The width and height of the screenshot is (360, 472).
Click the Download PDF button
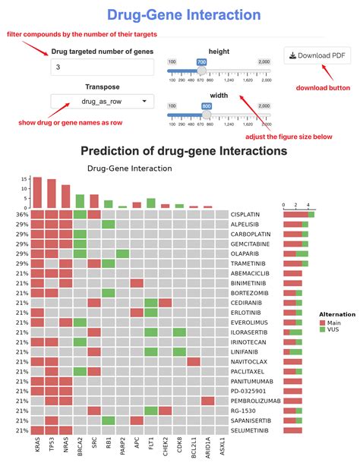318,55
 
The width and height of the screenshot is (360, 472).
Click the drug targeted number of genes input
102,68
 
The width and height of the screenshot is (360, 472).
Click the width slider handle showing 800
206,115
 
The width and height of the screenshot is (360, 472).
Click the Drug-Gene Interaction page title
179,14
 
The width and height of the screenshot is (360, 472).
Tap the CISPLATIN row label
252,215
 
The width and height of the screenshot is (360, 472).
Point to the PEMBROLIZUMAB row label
259,400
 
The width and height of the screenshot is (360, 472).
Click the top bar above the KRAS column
37,193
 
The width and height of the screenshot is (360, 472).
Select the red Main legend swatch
322,321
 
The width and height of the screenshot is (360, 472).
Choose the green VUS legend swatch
322,329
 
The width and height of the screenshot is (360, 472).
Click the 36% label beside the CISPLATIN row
22,215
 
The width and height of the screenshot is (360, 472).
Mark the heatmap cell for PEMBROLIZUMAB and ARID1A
207,400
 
